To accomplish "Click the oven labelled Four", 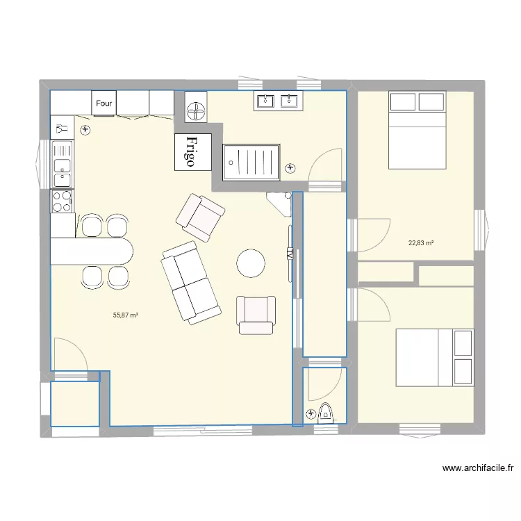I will pos(105,104).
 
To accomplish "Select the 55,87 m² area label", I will pos(126,315).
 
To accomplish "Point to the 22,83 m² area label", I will pos(421,243).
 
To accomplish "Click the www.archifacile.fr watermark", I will pos(477,468).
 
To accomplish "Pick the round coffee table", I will pos(250,263).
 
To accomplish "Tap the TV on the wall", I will pos(290,254).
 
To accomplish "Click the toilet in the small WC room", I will pos(324,414).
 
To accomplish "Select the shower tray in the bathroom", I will pos(251,162).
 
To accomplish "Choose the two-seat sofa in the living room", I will pos(191,282).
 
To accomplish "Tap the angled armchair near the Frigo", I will pos(201,218).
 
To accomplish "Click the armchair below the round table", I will pos(256,313).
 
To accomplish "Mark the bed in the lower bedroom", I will pos(435,357).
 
